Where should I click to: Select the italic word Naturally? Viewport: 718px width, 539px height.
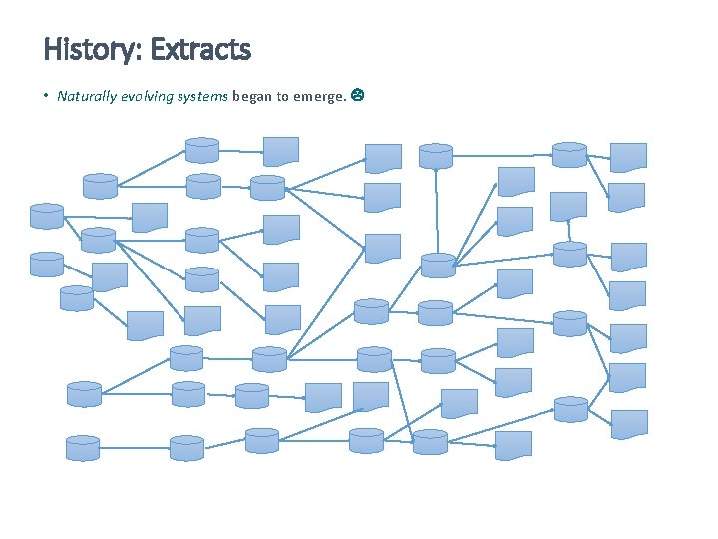click(87, 96)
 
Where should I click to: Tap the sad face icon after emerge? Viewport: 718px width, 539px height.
click(357, 96)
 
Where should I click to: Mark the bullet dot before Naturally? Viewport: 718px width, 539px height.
click(47, 97)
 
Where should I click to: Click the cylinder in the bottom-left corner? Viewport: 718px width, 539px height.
click(84, 447)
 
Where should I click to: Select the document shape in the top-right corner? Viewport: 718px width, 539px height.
click(628, 157)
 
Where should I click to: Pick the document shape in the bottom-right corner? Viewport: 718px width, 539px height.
click(629, 424)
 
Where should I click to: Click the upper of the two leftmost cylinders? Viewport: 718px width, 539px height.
click(47, 215)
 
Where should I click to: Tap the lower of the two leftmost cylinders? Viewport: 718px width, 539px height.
click(47, 264)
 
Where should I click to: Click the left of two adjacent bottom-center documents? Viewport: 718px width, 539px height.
click(323, 397)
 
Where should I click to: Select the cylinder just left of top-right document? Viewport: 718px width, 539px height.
click(569, 154)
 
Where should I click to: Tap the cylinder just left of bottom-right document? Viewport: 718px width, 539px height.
click(571, 409)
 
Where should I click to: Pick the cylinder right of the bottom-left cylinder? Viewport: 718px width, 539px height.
click(186, 447)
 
